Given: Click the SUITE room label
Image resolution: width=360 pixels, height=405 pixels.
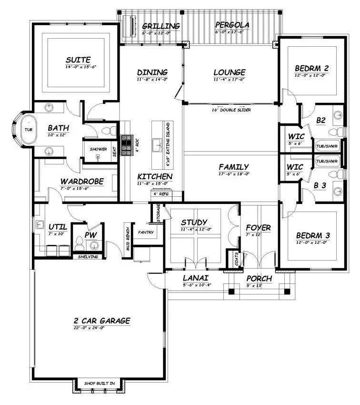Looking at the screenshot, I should click(x=78, y=60).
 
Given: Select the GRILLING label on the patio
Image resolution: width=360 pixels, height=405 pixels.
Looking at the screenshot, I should click(x=161, y=26).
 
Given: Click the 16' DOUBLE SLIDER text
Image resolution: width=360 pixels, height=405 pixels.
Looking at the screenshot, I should click(x=231, y=110).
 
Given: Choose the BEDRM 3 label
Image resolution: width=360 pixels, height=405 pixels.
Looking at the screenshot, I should click(x=311, y=235).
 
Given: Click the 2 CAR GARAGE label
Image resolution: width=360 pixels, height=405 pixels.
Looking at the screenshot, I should click(x=102, y=321).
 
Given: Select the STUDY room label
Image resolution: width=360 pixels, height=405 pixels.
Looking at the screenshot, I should click(x=194, y=222).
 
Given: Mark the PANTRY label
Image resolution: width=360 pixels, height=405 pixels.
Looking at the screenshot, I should click(x=145, y=232).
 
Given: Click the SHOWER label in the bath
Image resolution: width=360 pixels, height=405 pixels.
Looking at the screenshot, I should click(x=99, y=149).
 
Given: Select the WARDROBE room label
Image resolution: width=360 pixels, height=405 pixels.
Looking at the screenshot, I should click(x=79, y=182).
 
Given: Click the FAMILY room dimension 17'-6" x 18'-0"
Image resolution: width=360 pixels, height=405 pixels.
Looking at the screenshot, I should click(x=233, y=174).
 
